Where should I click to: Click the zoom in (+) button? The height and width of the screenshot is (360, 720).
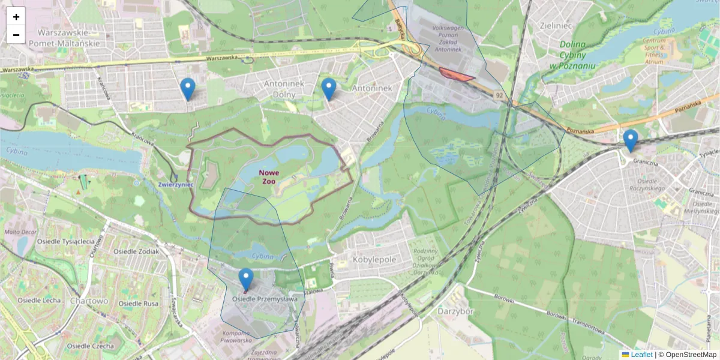[16, 17]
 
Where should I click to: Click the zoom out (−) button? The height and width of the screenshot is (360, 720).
[16, 35]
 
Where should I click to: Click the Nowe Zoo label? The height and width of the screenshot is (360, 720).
[269, 177]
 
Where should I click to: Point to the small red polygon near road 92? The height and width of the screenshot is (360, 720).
[456, 74]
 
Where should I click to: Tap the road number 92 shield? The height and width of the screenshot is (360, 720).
[499, 95]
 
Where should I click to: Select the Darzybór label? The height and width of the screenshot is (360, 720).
[456, 311]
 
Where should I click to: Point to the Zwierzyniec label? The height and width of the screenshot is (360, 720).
[176, 185]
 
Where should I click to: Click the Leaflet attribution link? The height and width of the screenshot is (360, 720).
[641, 355]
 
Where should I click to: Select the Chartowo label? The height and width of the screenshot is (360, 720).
[88, 300]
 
